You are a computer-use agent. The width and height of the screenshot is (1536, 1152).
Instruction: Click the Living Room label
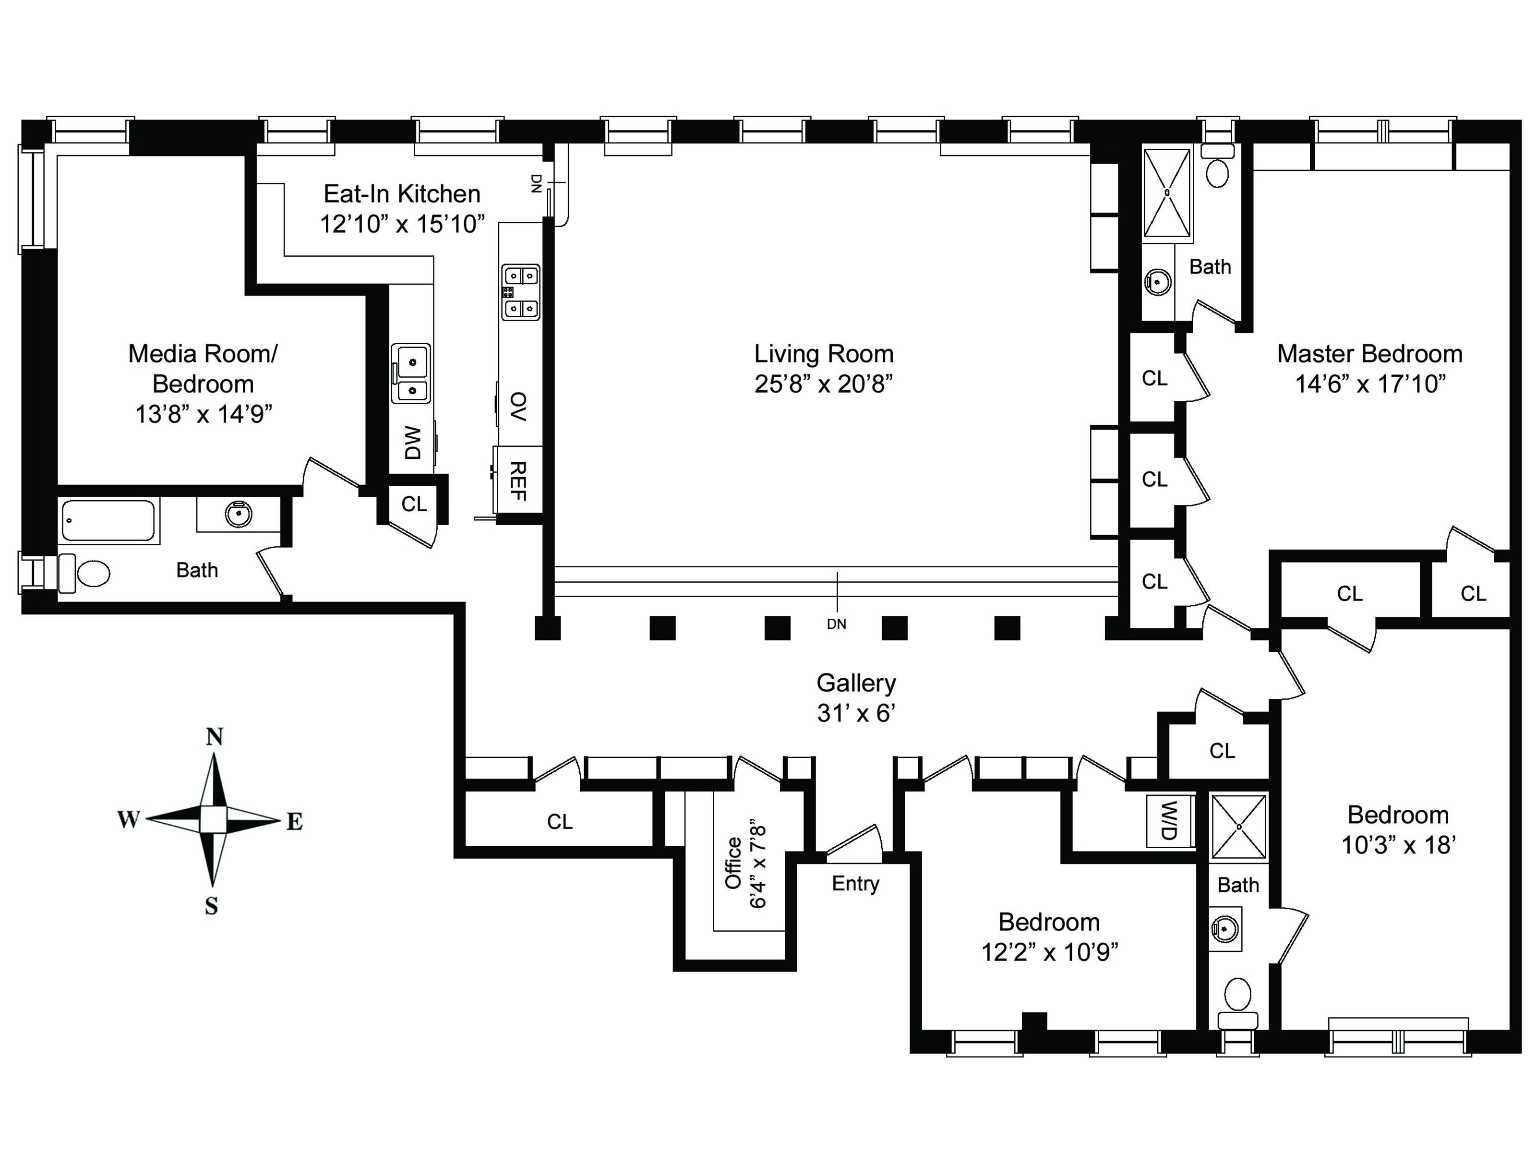point(824,354)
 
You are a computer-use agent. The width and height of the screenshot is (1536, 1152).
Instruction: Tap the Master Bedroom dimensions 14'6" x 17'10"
point(1370,384)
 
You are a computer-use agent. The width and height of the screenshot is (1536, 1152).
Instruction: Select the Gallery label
point(856,684)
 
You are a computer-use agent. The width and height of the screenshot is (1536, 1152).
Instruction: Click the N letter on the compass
point(215,737)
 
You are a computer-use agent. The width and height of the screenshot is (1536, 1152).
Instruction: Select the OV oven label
point(518,406)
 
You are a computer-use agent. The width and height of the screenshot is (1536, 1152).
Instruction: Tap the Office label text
point(733,863)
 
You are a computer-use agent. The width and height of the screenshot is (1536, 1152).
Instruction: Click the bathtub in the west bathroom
point(108,520)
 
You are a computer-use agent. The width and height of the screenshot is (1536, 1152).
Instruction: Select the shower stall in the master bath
point(1167,192)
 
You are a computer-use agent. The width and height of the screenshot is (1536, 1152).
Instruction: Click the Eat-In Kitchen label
point(402,194)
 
